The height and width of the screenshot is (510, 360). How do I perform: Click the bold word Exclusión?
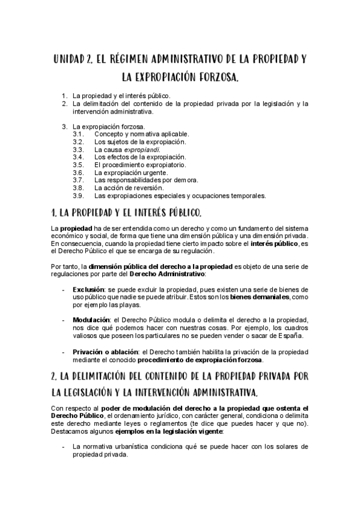point(88,289)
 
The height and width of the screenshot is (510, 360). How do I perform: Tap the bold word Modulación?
point(91,319)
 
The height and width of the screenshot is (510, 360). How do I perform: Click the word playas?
point(114,305)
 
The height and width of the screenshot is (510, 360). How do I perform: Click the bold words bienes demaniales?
point(266,297)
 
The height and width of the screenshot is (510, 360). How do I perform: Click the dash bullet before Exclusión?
point(64,289)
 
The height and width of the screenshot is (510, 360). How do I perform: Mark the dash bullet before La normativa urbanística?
point(64,447)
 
